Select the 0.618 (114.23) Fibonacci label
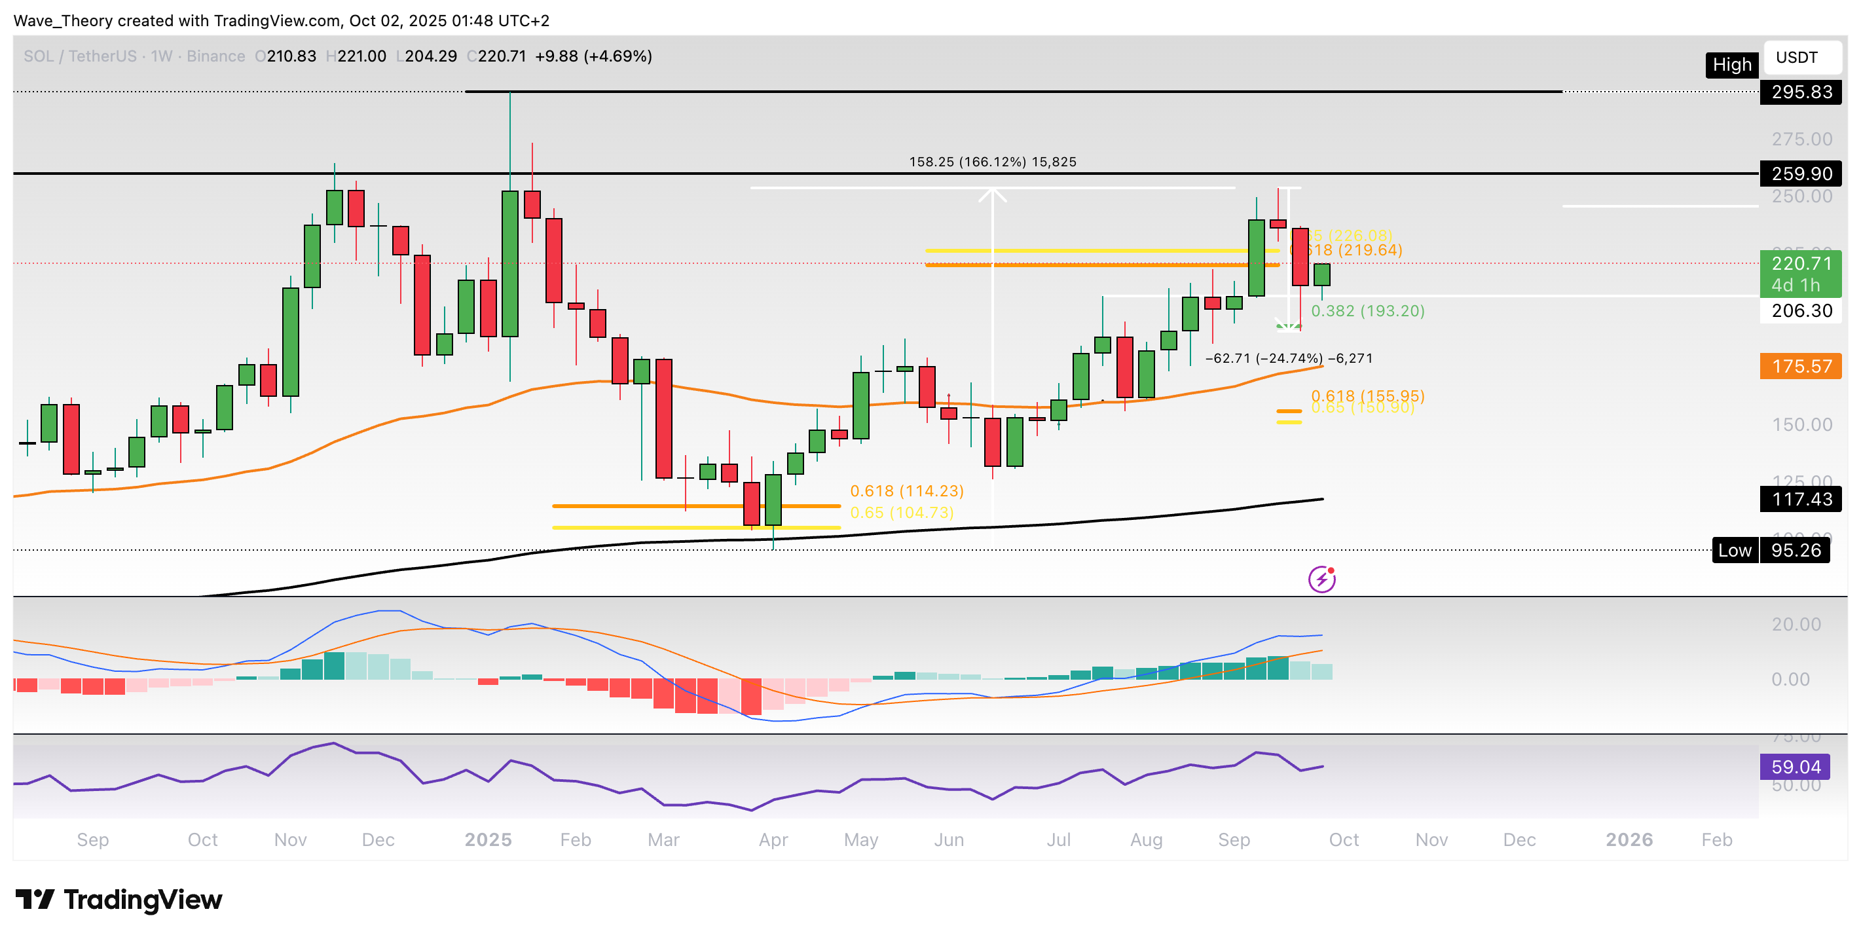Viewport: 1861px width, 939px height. (907, 491)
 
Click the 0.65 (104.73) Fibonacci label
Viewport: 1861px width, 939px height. (902, 513)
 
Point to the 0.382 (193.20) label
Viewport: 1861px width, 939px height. (1367, 311)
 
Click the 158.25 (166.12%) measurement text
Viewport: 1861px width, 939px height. (992, 162)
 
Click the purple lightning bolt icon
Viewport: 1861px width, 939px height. (1321, 580)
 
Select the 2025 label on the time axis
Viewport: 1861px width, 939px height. (488, 840)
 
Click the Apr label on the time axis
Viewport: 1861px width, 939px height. (773, 840)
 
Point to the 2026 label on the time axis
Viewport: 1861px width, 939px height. (1629, 840)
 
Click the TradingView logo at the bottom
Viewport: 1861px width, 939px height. (119, 900)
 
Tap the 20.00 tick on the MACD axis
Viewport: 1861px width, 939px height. (1796, 624)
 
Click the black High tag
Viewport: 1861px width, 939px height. (1732, 65)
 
